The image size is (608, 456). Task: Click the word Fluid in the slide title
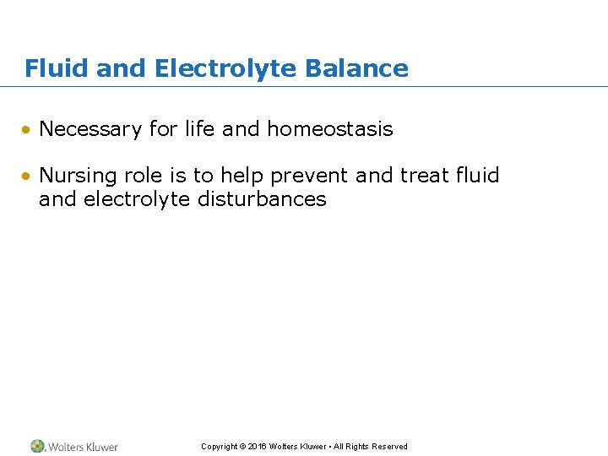pyautogui.click(x=57, y=68)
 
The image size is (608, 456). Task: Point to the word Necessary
pyautogui.click(x=90, y=129)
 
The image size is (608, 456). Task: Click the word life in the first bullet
pyautogui.click(x=199, y=129)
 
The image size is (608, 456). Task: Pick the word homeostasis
pyautogui.click(x=330, y=129)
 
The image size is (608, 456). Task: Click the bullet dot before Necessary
pyautogui.click(x=28, y=130)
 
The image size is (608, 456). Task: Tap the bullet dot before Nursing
pyautogui.click(x=28, y=176)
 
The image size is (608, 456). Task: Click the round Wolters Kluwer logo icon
pyautogui.click(x=37, y=446)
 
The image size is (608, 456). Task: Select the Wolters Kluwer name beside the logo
pyautogui.click(x=83, y=447)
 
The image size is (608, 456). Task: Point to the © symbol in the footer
pyautogui.click(x=242, y=447)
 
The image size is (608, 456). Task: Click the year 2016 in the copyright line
pyautogui.click(x=258, y=447)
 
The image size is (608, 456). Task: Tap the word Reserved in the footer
pyautogui.click(x=389, y=447)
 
